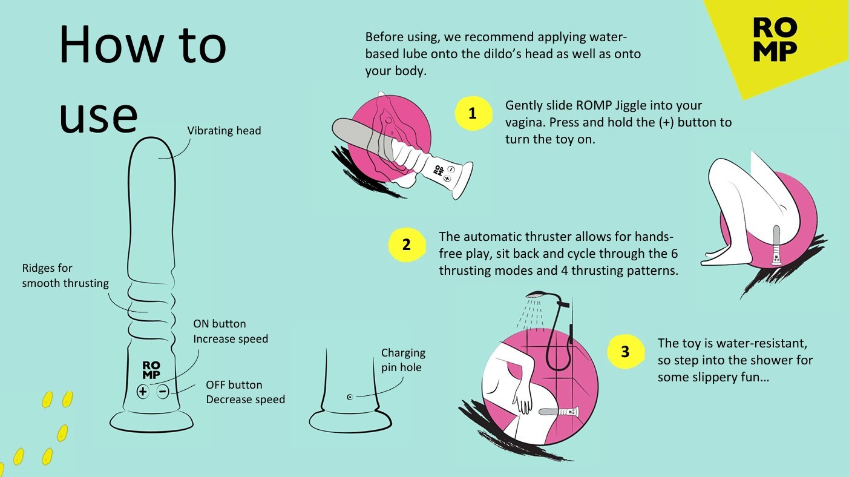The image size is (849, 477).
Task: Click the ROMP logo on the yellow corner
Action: click(x=775, y=39)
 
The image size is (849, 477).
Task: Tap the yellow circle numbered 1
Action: click(x=473, y=113)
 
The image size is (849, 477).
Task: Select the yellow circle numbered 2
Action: click(x=407, y=245)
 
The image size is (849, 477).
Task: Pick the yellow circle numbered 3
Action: click(x=625, y=352)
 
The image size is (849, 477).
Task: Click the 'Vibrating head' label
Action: click(x=224, y=131)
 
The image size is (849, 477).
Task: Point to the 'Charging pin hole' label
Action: click(x=403, y=360)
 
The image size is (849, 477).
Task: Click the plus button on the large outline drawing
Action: click(x=143, y=391)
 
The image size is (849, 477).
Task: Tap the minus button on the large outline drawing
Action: click(x=163, y=391)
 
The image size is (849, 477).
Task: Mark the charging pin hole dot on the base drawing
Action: click(x=350, y=397)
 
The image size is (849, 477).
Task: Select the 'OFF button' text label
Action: click(x=234, y=385)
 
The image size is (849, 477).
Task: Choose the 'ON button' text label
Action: click(x=220, y=324)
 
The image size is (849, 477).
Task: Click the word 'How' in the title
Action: click(x=111, y=44)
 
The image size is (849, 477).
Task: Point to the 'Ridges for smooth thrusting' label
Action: click(x=65, y=275)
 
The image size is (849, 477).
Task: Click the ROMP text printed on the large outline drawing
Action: click(x=151, y=370)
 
